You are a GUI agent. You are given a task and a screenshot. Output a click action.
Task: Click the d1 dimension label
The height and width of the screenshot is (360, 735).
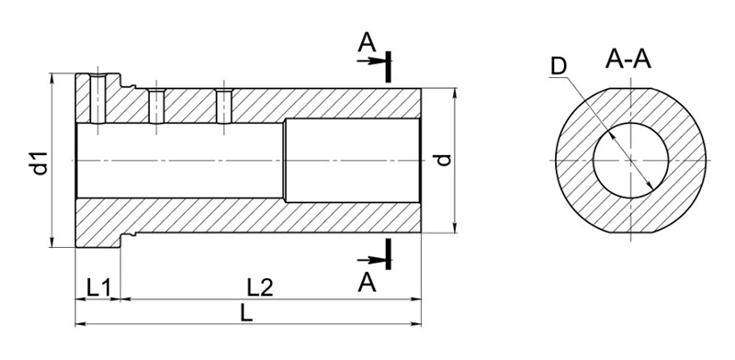tap(40, 163)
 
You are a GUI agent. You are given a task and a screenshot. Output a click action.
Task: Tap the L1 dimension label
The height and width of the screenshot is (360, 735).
tap(98, 287)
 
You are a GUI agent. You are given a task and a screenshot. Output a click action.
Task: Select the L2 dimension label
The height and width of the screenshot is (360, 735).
tap(260, 287)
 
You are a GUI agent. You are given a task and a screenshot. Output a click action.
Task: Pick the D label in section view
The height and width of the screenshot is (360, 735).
tap(559, 66)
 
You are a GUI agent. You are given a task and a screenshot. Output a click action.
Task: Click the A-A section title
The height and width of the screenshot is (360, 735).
tap(628, 60)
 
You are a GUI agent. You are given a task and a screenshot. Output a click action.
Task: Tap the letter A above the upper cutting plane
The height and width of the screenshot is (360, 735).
tap(367, 42)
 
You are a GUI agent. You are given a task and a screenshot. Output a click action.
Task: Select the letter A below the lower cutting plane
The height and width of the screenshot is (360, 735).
tap(367, 283)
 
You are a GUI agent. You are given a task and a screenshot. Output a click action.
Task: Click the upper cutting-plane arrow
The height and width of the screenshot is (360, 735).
tap(371, 61)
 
